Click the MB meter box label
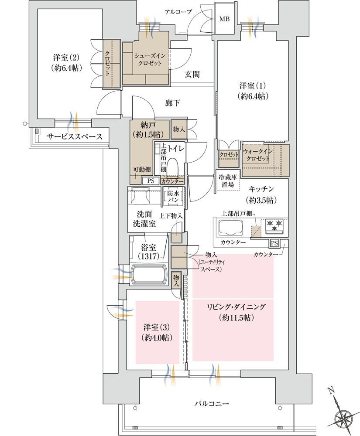[x=225, y=19]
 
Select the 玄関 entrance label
[x=192, y=74]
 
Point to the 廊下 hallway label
[x=172, y=103]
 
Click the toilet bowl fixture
[x=173, y=167]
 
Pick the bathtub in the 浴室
[x=148, y=274]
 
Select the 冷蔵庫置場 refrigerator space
[x=228, y=181]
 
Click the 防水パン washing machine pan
[x=173, y=197]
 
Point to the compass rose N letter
[x=331, y=391]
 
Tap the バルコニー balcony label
[x=212, y=403]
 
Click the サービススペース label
[x=75, y=136]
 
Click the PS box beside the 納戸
[x=151, y=181]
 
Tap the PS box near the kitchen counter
[x=274, y=243]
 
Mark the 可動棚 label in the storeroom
[x=142, y=169]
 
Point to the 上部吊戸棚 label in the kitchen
[x=237, y=214]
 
